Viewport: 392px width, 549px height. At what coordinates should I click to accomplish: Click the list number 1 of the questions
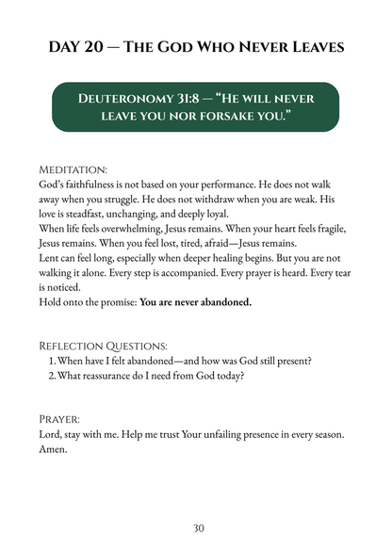click(x=51, y=361)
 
